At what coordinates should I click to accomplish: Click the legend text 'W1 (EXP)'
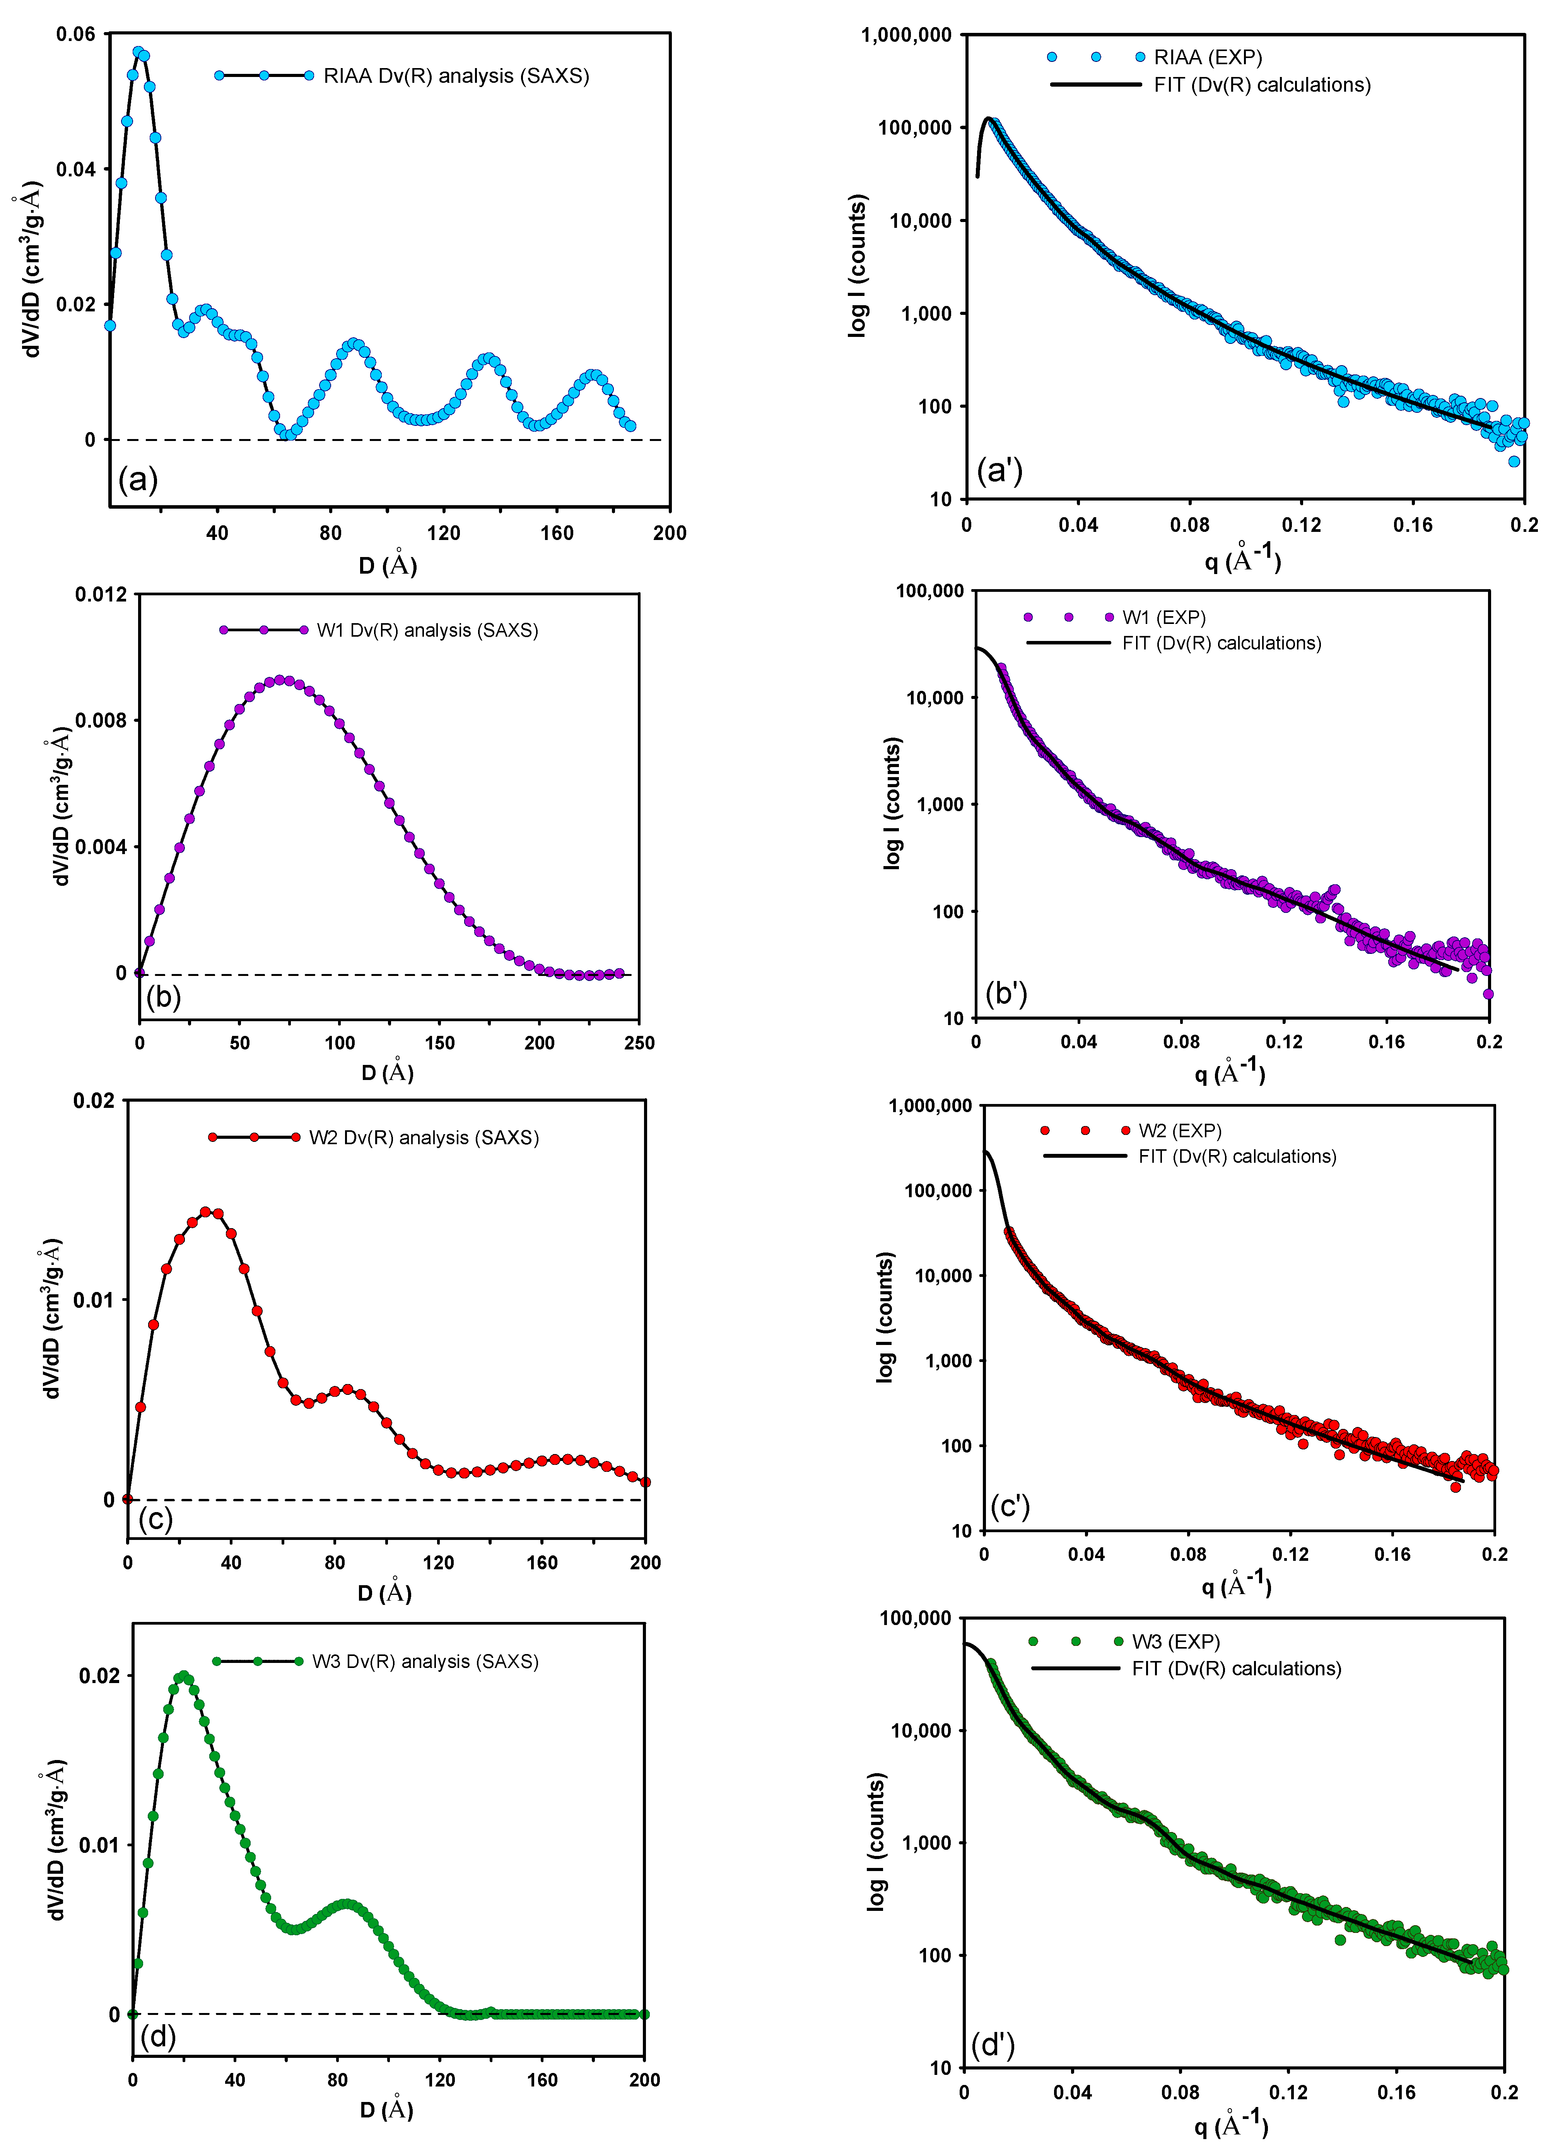click(1164, 617)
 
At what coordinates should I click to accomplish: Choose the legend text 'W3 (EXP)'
click(1175, 1641)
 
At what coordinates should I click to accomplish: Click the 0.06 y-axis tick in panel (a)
click(76, 35)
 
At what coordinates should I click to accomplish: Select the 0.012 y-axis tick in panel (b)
click(101, 595)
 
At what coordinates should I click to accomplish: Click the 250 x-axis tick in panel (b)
click(639, 1043)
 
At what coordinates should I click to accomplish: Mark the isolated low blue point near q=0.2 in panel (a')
click(1514, 461)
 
